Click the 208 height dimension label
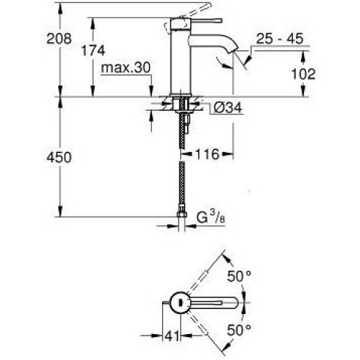tap(59, 38)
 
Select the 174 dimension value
tap(93, 50)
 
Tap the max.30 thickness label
tap(125, 68)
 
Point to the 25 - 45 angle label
tap(280, 38)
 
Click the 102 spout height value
tap(303, 73)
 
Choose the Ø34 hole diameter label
tap(228, 107)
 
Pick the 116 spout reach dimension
tap(207, 154)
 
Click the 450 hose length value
tap(59, 158)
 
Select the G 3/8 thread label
tap(211, 217)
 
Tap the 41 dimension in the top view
tap(172, 336)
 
